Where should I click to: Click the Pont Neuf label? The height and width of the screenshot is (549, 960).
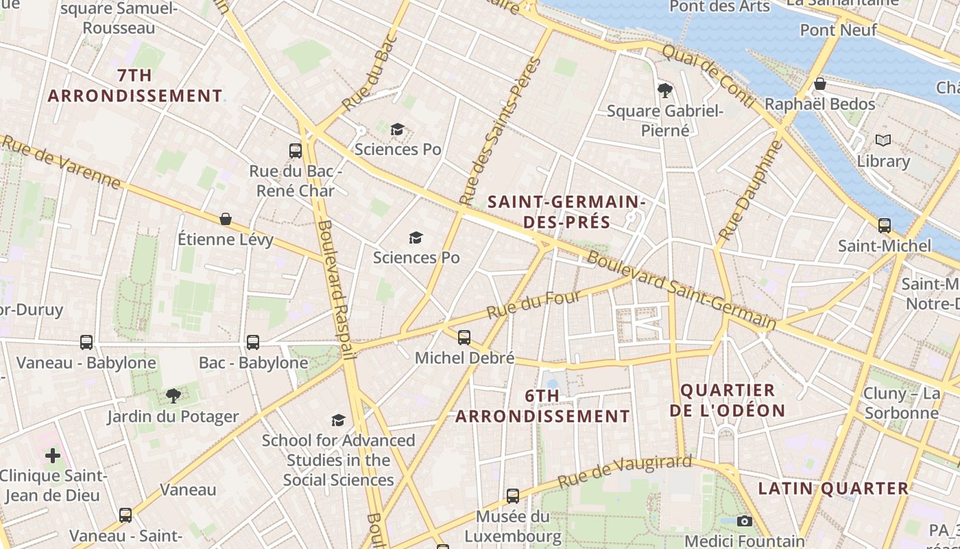(838, 30)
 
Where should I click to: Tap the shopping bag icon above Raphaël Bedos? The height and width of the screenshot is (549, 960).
(819, 84)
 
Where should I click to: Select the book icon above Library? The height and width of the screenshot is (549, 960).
(883, 141)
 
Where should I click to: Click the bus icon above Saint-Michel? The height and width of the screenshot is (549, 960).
(885, 225)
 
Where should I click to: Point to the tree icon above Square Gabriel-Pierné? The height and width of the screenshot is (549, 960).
(664, 90)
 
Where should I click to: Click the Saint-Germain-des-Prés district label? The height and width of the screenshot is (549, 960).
(566, 212)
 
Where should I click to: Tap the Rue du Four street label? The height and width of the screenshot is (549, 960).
(534, 304)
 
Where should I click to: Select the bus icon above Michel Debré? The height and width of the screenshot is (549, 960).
(464, 337)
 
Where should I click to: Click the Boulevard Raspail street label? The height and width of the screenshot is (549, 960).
(335, 290)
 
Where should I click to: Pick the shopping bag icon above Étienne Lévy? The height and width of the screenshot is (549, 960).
(226, 219)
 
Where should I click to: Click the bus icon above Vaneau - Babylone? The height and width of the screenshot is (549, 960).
(86, 342)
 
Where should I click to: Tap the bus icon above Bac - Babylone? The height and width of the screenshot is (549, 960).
(253, 342)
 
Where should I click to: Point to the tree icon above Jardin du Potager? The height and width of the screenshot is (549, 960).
(173, 395)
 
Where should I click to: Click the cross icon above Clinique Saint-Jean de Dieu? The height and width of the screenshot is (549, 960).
(53, 455)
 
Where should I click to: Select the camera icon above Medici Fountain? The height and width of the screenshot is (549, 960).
(745, 521)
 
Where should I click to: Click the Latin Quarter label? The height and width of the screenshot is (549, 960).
(833, 489)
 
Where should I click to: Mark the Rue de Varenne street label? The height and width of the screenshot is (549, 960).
(61, 162)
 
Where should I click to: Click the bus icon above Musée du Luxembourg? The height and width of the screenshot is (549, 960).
(513, 495)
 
